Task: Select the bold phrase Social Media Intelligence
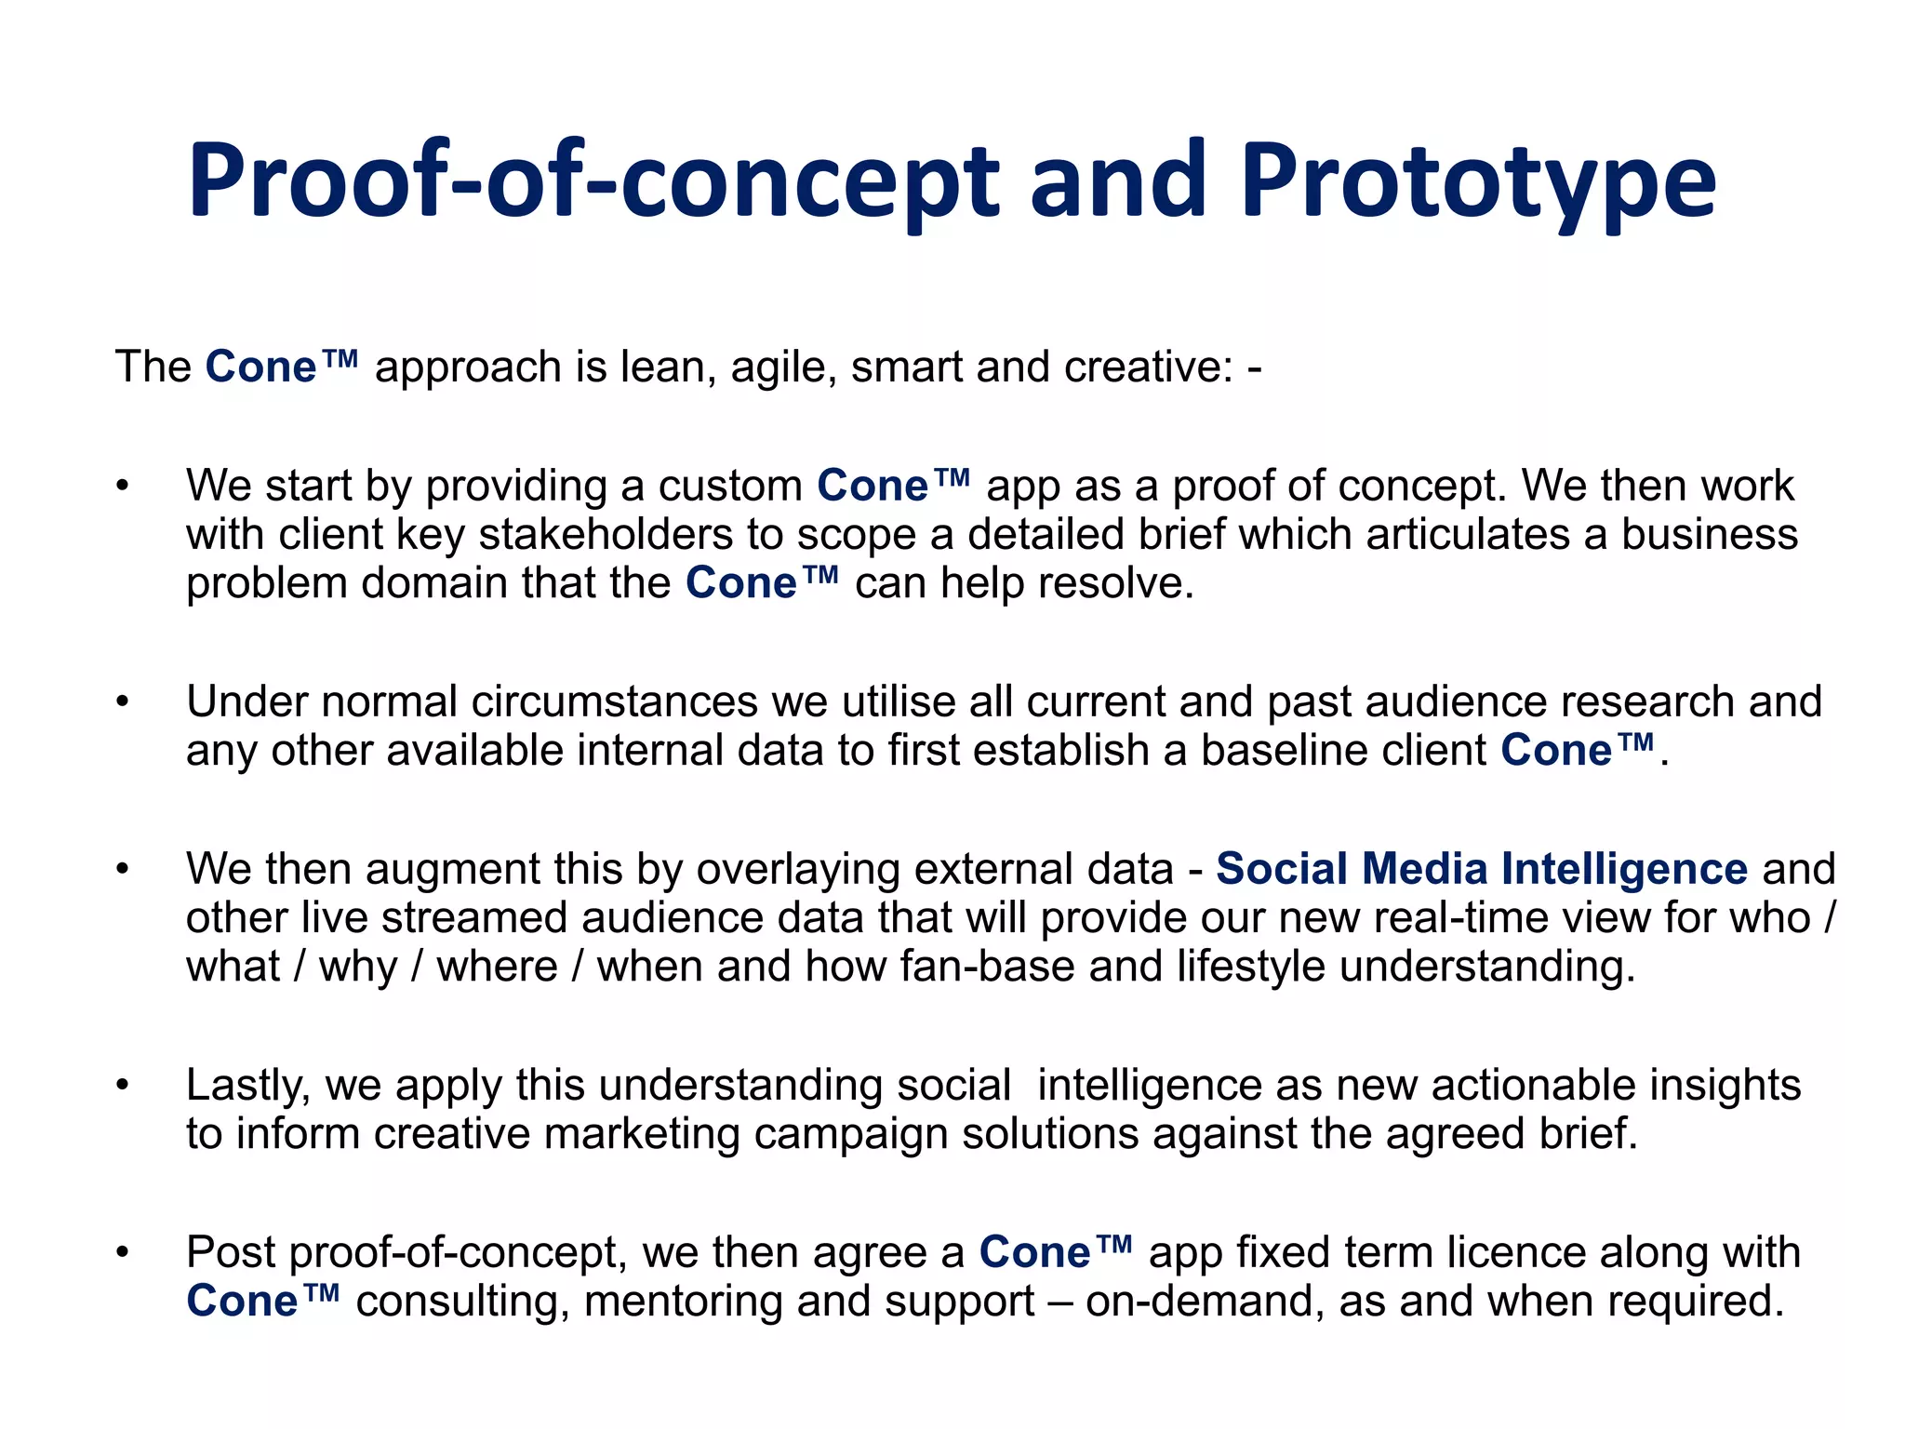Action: point(1482,869)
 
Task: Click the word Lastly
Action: point(247,1086)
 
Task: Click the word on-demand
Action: point(1204,1302)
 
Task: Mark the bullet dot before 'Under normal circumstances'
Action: point(122,702)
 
